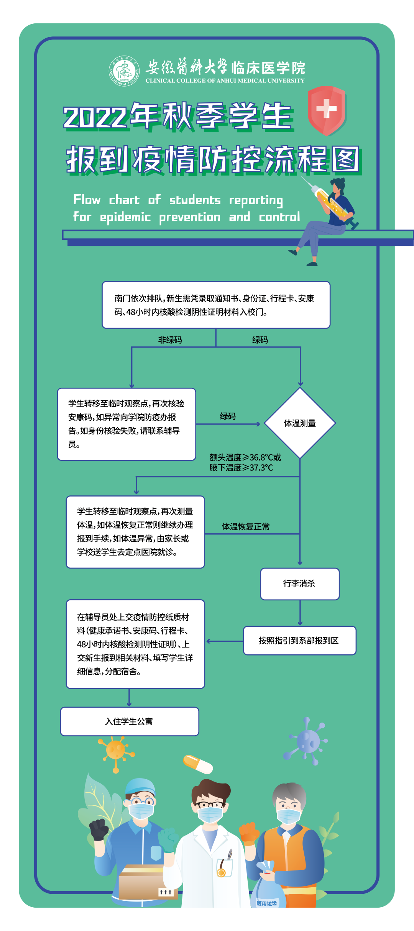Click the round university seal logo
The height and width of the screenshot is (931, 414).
click(124, 71)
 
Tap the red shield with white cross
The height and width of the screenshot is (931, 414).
click(327, 110)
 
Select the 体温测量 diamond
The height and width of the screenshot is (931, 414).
click(300, 423)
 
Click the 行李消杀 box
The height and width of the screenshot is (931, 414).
click(300, 584)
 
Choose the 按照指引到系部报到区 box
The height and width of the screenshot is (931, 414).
click(299, 641)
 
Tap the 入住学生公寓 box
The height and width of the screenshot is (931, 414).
click(130, 721)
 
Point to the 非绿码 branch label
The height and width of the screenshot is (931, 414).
click(170, 340)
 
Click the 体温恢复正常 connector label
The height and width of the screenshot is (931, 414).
click(245, 527)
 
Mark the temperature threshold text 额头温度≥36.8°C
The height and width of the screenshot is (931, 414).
click(245, 457)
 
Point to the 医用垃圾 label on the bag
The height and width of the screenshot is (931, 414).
click(266, 903)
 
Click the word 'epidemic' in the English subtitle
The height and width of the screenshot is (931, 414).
click(125, 217)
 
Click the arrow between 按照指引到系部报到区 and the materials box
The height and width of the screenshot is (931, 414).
click(225, 641)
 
